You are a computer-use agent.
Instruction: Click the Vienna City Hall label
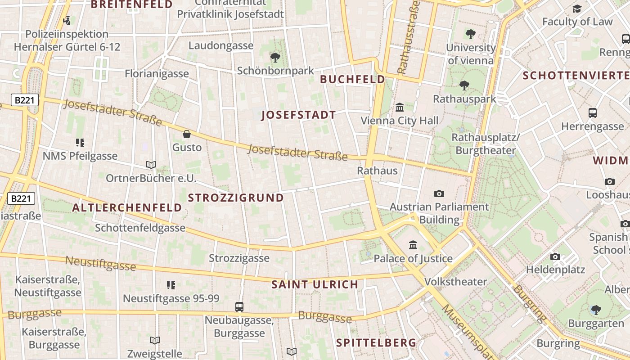point(400,121)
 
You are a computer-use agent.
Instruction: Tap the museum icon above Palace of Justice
point(413,245)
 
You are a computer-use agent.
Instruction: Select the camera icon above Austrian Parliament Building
point(439,193)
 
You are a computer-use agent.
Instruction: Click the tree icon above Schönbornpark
point(275,58)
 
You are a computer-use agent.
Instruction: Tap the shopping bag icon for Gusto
point(187,134)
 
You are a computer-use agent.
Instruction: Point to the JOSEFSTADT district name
point(298,115)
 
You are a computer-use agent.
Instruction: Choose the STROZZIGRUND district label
point(236,198)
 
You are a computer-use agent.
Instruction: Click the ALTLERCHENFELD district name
point(127,208)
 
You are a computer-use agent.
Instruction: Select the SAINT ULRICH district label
point(315,284)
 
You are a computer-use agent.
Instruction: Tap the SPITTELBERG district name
point(376,343)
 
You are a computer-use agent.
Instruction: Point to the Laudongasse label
point(221,45)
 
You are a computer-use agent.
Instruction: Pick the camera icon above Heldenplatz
point(555,256)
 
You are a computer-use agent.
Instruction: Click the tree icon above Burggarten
point(596,310)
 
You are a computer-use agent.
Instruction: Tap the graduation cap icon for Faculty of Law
point(577,9)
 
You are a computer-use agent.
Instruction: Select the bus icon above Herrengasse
point(593,113)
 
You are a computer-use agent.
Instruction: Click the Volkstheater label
point(455,282)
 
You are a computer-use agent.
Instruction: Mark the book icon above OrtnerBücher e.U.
point(151,165)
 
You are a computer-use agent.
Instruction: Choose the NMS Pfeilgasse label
point(80,156)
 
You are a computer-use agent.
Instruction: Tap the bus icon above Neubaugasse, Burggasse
point(239,307)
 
